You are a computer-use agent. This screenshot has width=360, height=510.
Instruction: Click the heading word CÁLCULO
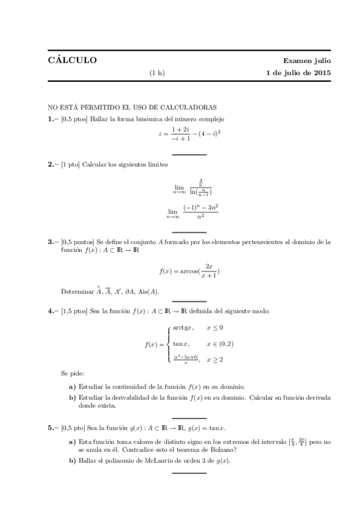(72, 61)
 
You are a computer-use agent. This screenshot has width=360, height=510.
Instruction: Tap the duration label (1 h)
(157, 74)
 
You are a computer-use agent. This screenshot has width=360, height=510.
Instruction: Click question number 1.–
(53, 119)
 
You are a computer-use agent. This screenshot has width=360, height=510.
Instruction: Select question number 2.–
(53, 164)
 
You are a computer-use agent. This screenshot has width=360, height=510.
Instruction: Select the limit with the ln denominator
(193, 188)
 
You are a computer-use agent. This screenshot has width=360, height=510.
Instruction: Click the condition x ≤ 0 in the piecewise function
(216, 328)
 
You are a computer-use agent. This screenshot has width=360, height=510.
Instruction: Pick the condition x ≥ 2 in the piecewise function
(216, 360)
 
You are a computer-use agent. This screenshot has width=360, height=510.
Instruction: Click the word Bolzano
(213, 449)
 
